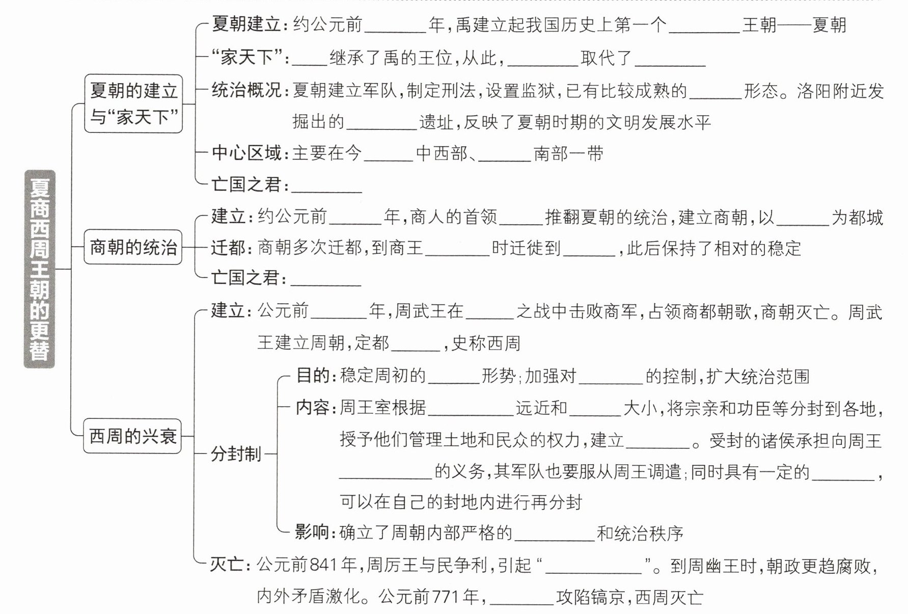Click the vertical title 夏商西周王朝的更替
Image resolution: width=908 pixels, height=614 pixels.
39,269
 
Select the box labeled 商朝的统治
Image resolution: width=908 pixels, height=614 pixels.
133,248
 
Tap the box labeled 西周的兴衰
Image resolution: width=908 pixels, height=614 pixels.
132,436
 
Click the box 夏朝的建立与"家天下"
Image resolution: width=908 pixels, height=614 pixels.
133,104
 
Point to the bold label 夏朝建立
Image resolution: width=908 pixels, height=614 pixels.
246,24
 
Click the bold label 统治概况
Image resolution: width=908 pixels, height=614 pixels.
246,91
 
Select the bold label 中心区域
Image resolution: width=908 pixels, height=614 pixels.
246,153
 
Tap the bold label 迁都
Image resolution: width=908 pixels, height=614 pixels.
229,248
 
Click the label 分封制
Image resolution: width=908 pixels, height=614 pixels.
236,453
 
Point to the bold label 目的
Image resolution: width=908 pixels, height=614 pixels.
313,376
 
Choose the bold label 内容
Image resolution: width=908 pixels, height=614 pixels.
313,408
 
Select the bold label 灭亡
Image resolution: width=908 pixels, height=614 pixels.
227,565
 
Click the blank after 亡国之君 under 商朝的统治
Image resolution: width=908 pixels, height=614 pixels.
325,279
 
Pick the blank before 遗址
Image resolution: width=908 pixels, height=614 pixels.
381,123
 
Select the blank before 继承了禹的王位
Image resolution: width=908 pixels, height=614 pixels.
309,59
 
